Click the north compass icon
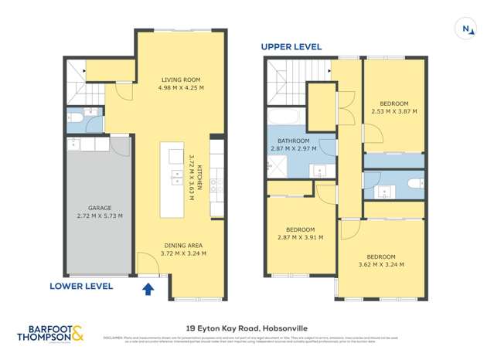point(467,29)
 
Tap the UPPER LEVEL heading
point(291,46)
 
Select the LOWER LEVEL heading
point(81,286)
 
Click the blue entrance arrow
point(148,289)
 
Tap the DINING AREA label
point(183,245)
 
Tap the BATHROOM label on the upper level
point(290,141)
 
